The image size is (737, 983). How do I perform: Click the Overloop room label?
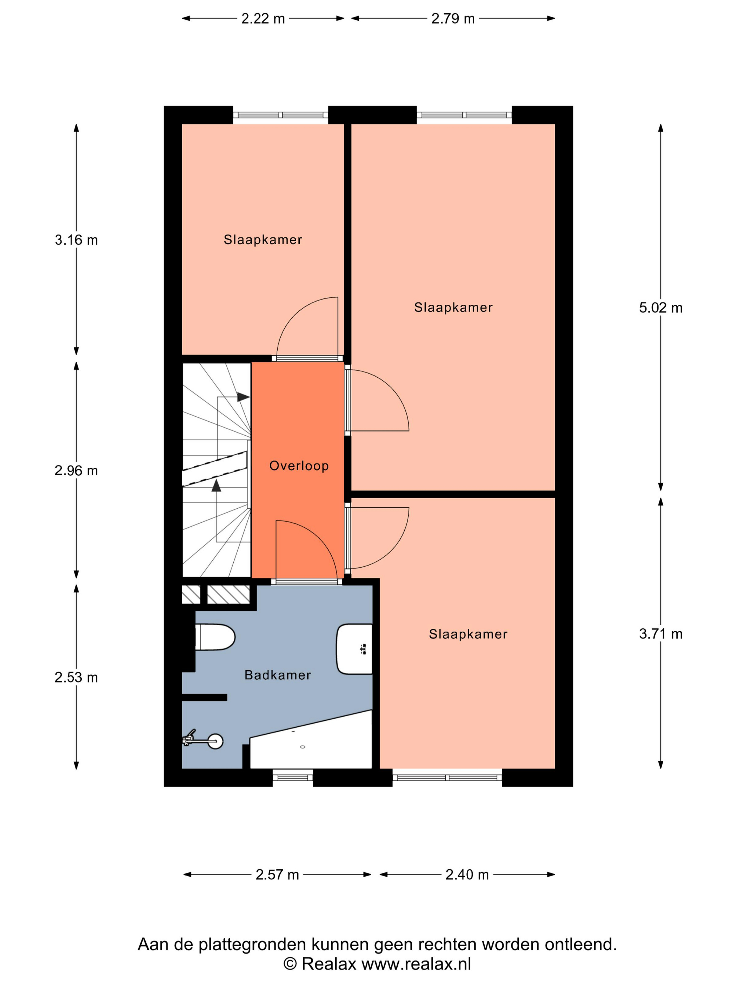(x=299, y=466)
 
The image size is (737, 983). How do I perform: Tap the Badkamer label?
(x=278, y=675)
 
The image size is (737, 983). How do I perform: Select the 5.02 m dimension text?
(x=660, y=308)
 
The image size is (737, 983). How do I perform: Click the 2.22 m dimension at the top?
(x=263, y=19)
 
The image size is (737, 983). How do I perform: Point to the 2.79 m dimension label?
(x=453, y=19)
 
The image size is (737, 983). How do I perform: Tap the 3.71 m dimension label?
(x=660, y=634)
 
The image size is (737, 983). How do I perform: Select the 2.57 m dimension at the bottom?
(x=277, y=875)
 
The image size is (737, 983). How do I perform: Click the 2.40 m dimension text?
(x=467, y=875)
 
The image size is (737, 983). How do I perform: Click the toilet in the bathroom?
(x=215, y=637)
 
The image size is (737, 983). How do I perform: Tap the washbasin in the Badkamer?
(x=354, y=649)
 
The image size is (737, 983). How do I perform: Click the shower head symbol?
(x=203, y=740)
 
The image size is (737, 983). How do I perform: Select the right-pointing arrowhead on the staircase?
(x=243, y=397)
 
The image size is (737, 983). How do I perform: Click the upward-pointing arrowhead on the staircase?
(x=216, y=485)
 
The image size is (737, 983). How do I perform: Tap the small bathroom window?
(x=293, y=778)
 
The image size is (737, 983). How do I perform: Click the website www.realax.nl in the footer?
(x=416, y=964)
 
